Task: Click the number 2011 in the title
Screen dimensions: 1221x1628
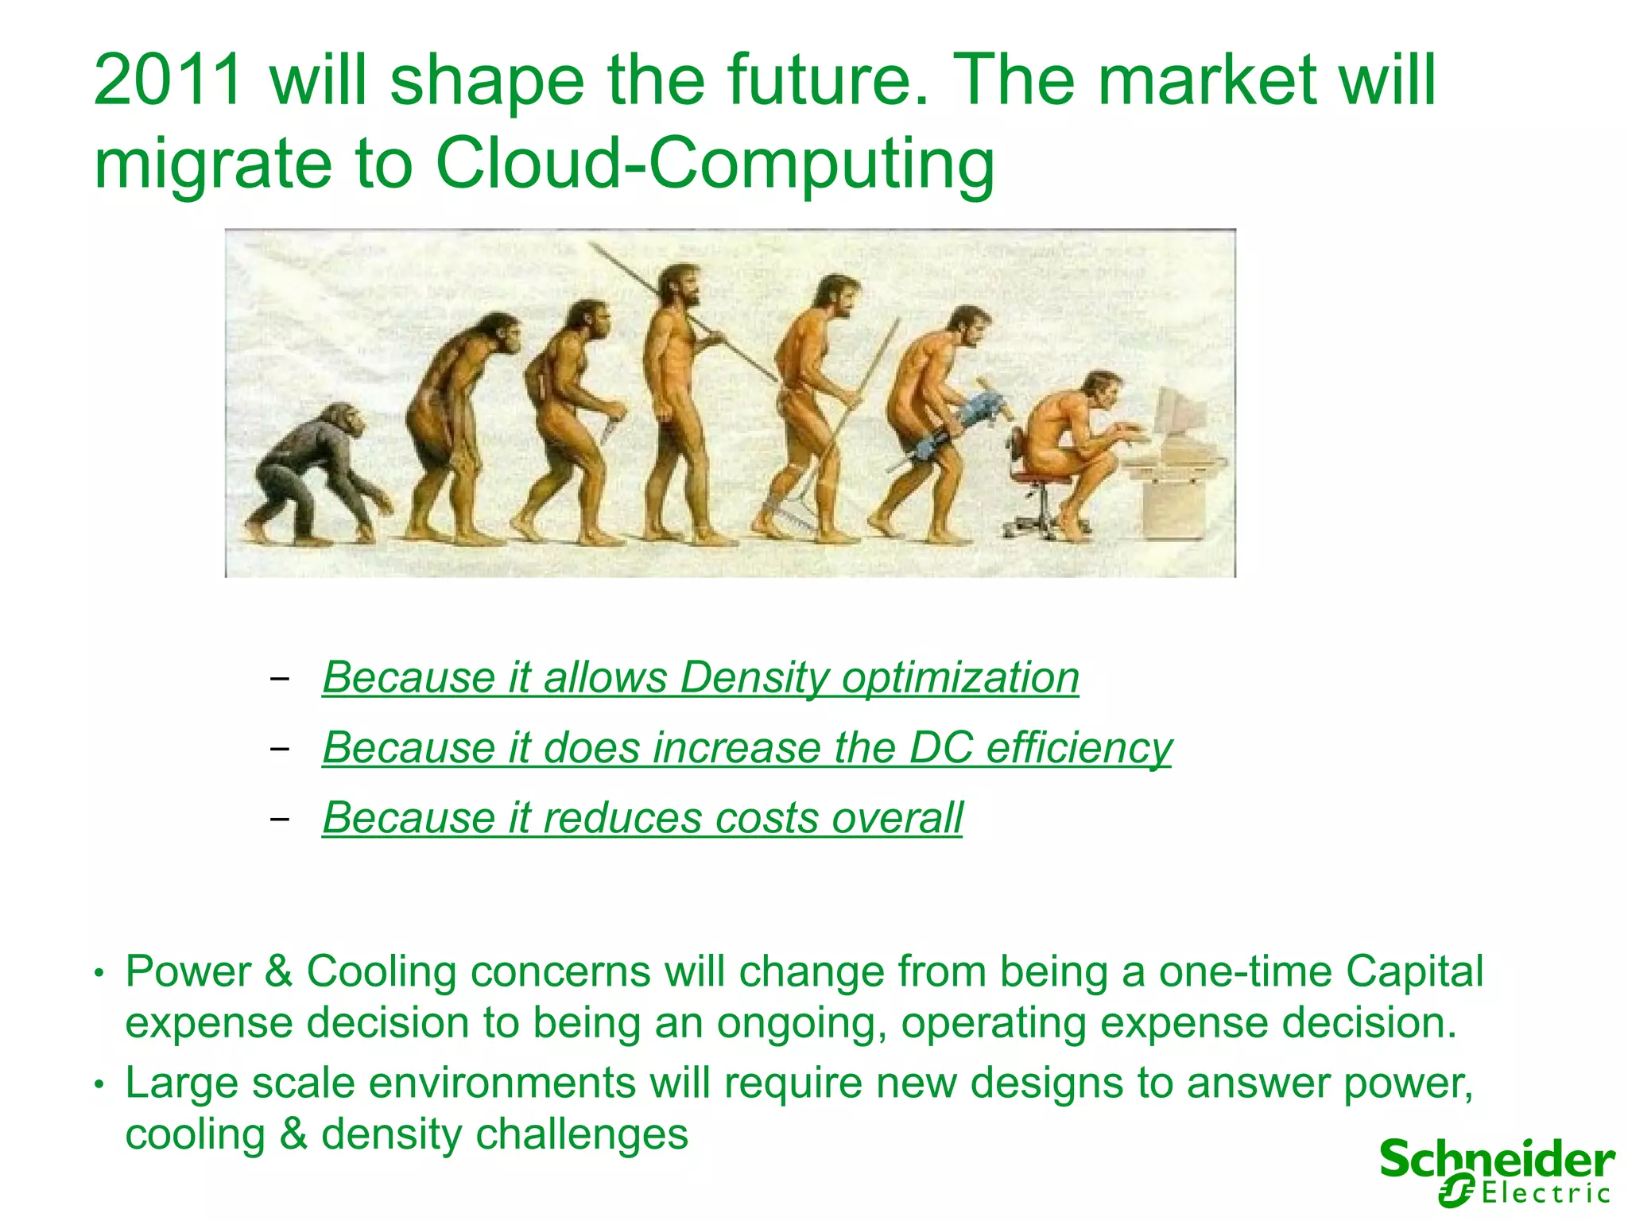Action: point(168,79)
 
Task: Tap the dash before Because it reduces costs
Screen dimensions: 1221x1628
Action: point(279,818)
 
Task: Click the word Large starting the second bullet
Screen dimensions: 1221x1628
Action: point(181,1083)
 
